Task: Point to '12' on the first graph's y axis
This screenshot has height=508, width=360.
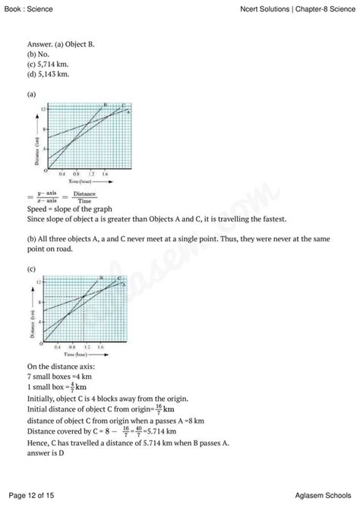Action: coord(44,110)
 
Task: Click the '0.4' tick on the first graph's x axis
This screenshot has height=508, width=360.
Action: coord(62,175)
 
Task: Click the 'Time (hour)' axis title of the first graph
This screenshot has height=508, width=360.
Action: coord(81,183)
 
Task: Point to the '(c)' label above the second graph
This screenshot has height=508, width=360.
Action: coord(31,269)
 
